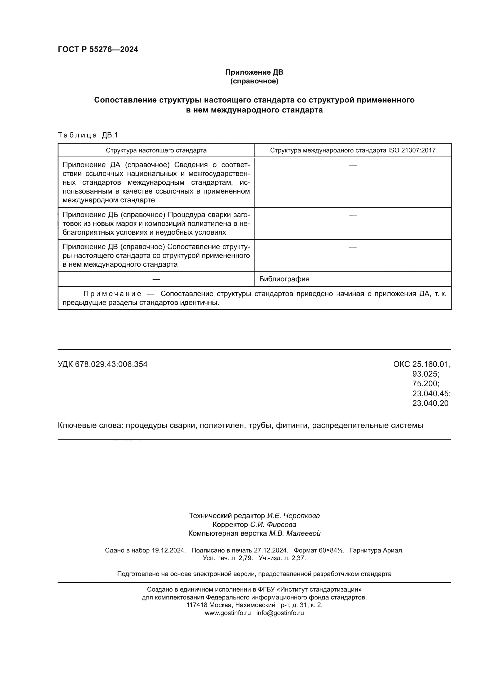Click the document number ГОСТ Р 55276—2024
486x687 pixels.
click(x=98, y=49)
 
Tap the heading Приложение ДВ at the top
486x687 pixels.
click(x=254, y=72)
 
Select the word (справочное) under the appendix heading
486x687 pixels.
click(x=254, y=81)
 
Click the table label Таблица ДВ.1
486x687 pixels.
click(x=88, y=135)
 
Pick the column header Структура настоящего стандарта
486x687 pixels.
click(x=156, y=150)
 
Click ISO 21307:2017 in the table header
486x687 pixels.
click(x=411, y=150)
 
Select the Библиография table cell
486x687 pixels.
click(x=284, y=279)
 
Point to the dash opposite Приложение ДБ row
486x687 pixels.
click(x=353, y=215)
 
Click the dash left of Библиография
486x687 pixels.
click(x=156, y=279)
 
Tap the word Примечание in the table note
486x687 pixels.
click(x=112, y=293)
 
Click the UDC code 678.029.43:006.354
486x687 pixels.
click(x=111, y=364)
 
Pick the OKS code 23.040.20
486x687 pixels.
click(x=430, y=403)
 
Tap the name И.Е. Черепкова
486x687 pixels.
click(x=293, y=515)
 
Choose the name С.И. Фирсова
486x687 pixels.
click(x=273, y=524)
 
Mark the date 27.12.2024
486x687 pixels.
click(x=271, y=550)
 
